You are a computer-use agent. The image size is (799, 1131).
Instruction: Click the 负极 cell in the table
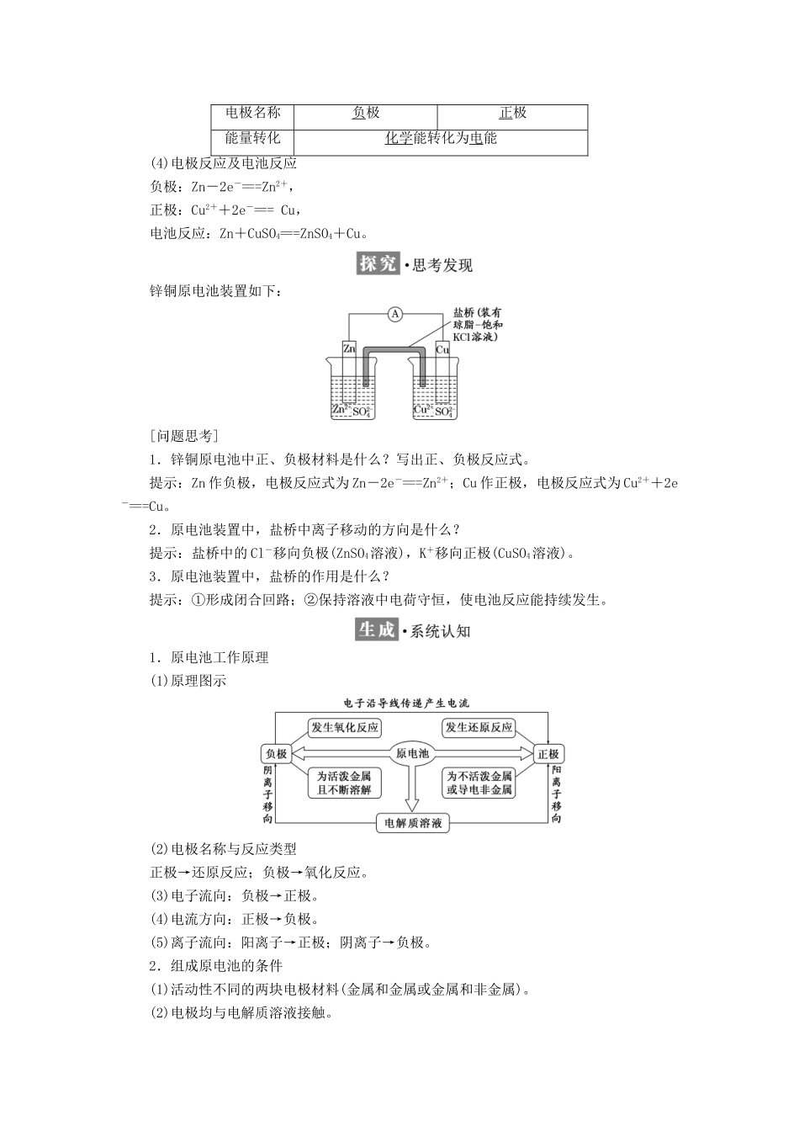366,114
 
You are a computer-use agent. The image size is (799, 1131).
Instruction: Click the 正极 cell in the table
512,114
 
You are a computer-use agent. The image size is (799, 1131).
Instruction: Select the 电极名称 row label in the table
253,114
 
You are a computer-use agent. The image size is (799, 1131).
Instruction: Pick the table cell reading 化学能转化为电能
441,139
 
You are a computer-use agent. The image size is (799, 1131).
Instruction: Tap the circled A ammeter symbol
394,315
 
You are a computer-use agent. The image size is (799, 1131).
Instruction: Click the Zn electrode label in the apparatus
349,348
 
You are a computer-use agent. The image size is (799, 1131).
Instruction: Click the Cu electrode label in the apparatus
442,348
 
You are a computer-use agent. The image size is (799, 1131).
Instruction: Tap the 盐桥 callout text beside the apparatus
477,324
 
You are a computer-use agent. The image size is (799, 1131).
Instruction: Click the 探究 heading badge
378,264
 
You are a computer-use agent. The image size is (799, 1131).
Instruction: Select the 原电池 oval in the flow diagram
412,754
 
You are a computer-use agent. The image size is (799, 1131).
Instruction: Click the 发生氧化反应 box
345,728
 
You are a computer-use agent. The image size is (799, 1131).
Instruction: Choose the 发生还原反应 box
479,728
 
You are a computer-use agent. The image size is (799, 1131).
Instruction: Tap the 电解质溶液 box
413,823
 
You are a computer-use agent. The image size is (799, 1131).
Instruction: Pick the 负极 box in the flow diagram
276,754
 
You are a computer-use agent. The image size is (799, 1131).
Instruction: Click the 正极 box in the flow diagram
548,754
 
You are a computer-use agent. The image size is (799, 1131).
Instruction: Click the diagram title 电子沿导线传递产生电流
406,702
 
